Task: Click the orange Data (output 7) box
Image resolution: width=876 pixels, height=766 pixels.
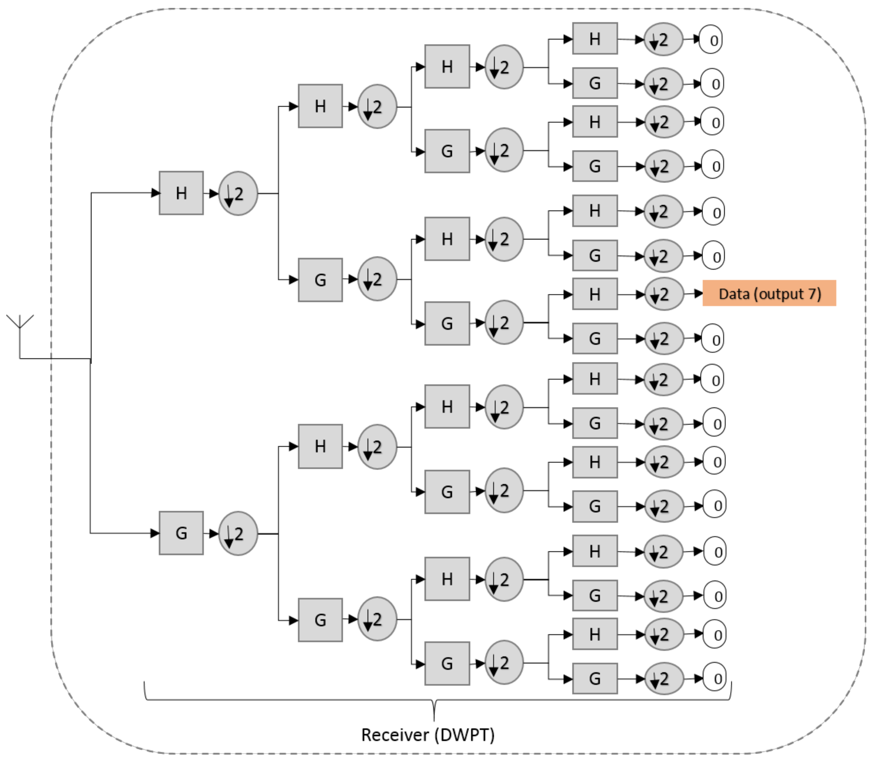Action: tap(769, 293)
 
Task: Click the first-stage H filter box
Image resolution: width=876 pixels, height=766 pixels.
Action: tap(181, 193)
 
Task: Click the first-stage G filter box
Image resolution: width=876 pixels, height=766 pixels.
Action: tap(181, 533)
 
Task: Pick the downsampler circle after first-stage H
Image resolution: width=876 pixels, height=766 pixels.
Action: tap(238, 194)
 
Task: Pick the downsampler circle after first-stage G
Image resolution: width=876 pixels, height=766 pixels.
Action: tap(238, 533)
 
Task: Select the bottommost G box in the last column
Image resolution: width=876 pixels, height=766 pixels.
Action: tap(595, 678)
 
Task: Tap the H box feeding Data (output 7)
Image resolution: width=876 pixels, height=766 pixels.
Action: tap(595, 294)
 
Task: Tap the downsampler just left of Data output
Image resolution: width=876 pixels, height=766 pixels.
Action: tap(664, 294)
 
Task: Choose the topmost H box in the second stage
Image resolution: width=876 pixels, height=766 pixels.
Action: tap(320, 106)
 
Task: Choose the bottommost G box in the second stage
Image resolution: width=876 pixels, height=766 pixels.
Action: tap(320, 620)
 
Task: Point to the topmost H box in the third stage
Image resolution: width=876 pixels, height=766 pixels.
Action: tap(447, 67)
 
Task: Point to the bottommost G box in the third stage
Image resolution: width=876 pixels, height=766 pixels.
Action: tap(447, 664)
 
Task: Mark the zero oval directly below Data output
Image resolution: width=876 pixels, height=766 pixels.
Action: tap(712, 338)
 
